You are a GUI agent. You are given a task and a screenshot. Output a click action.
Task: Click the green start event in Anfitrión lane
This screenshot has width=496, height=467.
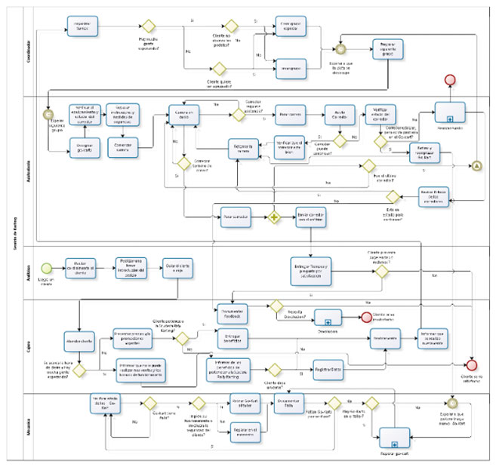click(x=48, y=267)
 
